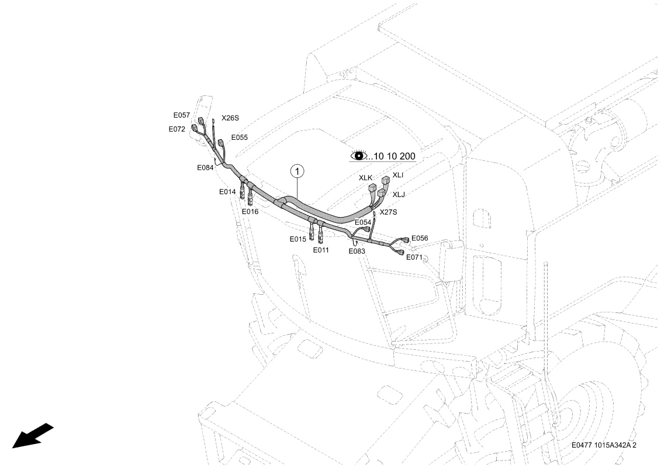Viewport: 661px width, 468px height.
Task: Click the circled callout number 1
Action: coord(297,171)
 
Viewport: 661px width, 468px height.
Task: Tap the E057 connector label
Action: coord(181,115)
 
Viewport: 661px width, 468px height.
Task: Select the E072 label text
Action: coord(177,129)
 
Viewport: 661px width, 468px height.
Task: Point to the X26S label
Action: coord(230,118)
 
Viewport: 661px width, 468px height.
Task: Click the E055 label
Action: coord(240,138)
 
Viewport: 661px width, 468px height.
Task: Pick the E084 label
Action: coord(205,167)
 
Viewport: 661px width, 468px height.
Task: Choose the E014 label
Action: coord(227,192)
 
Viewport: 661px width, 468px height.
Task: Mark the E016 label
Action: coord(250,211)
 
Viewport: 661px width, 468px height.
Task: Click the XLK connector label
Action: coord(366,177)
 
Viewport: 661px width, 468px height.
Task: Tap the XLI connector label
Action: coord(398,175)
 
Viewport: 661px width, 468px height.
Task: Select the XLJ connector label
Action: coord(399,195)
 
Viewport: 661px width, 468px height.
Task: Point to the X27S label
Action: coord(388,212)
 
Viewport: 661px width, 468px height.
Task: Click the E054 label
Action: coord(363,222)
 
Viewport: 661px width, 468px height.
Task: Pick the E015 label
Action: coord(298,239)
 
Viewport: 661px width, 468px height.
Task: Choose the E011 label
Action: coord(321,250)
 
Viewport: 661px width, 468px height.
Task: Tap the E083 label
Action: coord(357,251)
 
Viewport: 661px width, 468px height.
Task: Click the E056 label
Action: coord(420,238)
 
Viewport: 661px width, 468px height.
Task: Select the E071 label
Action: coord(414,257)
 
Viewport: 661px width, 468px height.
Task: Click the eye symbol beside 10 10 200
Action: coord(357,156)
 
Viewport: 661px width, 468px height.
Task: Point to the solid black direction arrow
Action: coord(33,436)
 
